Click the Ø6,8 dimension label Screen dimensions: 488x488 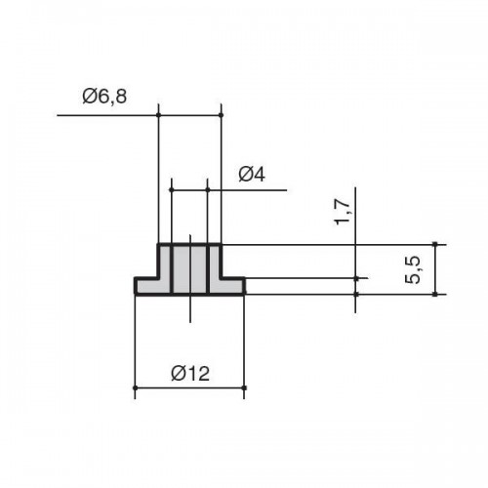104,97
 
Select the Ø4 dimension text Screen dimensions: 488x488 252,175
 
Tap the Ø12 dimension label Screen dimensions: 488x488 190,373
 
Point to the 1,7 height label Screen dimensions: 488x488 343,212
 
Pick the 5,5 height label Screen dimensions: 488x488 413,269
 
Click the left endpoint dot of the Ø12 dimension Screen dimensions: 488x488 135,387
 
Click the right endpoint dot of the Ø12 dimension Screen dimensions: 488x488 244,387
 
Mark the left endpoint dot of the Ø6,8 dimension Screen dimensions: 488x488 158,115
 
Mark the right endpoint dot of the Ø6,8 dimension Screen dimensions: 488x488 221,115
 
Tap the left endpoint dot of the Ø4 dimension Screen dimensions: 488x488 171,189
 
